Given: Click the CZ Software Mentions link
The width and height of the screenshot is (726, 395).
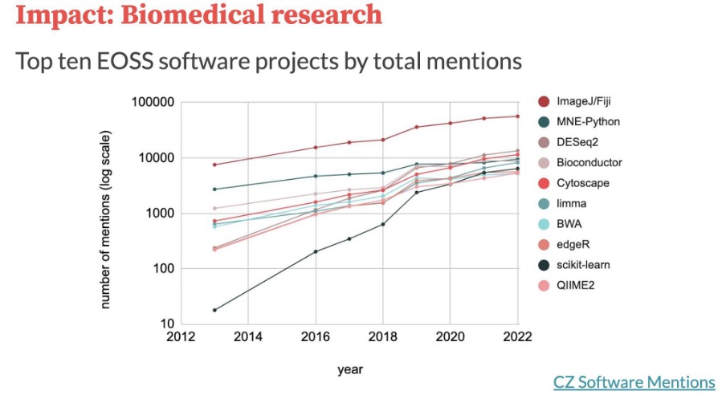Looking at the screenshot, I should click(x=634, y=382).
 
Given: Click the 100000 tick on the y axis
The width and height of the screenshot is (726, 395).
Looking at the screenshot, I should click(x=153, y=103).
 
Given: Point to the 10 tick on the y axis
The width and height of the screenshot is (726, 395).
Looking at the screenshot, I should click(x=166, y=324).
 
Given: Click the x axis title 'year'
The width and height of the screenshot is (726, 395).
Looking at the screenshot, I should click(x=349, y=370).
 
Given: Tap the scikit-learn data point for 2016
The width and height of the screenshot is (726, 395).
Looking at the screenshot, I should click(x=315, y=251).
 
